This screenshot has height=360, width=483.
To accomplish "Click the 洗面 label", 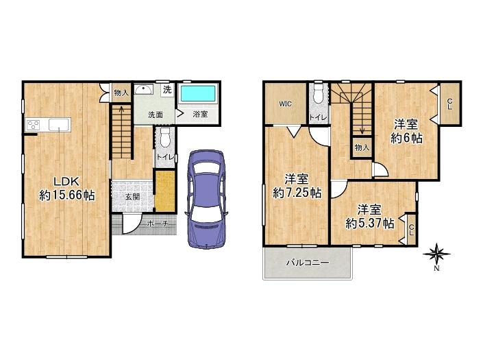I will coord(156,115).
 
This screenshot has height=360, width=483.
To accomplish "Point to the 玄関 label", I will coord(132,196).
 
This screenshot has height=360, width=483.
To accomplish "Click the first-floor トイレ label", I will coord(164,156).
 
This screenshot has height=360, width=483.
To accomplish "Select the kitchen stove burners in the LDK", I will coord(35,124).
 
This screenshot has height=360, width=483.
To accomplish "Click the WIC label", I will coord(286,104).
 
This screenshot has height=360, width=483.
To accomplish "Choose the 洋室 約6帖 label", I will coord(406,131).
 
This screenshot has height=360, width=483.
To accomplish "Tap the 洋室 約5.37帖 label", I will coord(369,215).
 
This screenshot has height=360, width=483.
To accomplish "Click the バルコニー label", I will coord(308,263).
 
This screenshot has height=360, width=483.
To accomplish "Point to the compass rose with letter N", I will coord(436,256).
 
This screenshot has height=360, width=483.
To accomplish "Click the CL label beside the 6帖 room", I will coord(449,104).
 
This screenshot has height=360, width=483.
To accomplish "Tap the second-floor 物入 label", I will coord(362,147).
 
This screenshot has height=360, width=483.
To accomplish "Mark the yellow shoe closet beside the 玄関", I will coord(164,192).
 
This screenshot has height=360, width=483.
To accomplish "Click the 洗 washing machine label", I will coord(166,91).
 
